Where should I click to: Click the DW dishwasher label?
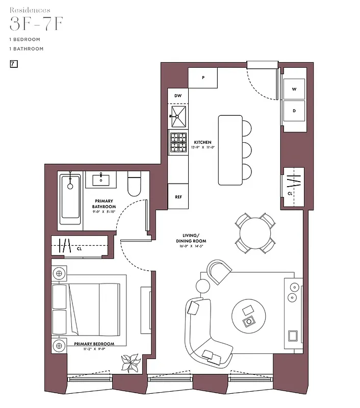[178, 96]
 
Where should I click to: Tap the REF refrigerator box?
[178, 196]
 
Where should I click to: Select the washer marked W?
[294, 89]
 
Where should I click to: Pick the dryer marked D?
[294, 111]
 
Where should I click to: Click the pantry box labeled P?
[203, 78]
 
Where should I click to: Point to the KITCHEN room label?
[202, 142]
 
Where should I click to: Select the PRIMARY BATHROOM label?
[104, 204]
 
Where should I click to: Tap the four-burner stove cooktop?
[178, 142]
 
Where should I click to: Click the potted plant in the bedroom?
[130, 363]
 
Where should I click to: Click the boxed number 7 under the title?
[14, 64]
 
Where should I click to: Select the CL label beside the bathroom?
[79, 250]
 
